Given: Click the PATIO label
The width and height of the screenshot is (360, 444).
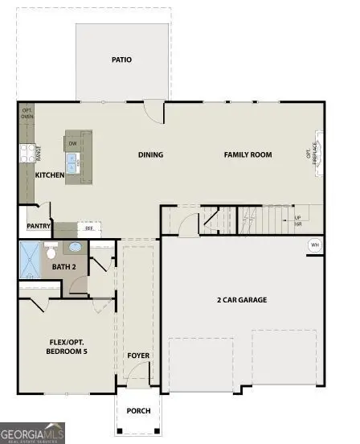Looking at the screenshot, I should (x=122, y=60).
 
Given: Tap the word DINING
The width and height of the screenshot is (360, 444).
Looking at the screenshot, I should (x=150, y=155).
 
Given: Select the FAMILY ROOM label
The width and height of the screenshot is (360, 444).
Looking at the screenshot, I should (x=247, y=155).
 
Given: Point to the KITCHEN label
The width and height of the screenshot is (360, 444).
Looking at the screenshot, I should (x=50, y=175).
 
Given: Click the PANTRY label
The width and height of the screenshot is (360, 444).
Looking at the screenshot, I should (x=39, y=227).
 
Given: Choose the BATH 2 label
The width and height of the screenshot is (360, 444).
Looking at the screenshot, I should (x=63, y=266).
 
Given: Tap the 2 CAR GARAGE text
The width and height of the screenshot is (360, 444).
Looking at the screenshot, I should (x=242, y=300).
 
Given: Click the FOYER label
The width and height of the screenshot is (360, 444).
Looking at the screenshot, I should (x=138, y=355).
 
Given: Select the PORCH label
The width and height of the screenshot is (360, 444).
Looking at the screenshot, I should (x=138, y=410).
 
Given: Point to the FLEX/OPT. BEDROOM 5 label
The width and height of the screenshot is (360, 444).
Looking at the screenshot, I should (x=67, y=347).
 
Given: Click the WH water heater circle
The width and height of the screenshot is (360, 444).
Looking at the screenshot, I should (x=314, y=245).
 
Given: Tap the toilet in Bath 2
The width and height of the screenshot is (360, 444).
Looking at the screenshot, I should (x=51, y=253).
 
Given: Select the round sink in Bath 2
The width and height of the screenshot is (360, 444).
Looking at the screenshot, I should (x=75, y=248).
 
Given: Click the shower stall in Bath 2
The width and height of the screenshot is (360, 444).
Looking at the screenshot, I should (x=31, y=259).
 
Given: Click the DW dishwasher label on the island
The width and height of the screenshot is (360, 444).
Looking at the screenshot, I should (x=72, y=144).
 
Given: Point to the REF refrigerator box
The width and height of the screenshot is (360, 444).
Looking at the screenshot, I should (x=88, y=228).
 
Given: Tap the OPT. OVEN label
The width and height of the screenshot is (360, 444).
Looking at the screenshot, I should (x=27, y=113).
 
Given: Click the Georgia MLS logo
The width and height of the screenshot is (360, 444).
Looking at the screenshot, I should (x=32, y=434).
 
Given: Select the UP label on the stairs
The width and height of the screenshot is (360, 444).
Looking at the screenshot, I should (x=297, y=218).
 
